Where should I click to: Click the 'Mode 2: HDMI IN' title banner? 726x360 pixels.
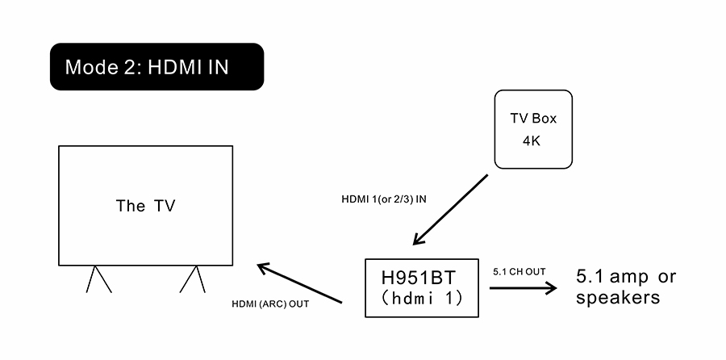point(156,66)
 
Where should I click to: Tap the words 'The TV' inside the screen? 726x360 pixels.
point(145,206)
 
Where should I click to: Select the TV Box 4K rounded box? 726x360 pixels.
point(533,129)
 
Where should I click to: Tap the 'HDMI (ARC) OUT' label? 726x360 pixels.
point(270,304)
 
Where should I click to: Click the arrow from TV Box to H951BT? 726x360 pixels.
point(450,209)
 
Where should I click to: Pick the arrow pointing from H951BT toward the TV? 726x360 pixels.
point(299,283)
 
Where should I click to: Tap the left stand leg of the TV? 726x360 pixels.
point(98,279)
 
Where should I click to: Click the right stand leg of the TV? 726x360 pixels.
point(194,279)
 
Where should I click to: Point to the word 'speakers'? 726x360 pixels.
point(618,298)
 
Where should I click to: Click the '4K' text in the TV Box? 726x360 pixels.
point(533,140)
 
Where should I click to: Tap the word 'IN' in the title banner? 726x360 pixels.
point(218,67)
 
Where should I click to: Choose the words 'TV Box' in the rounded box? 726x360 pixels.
point(533,119)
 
